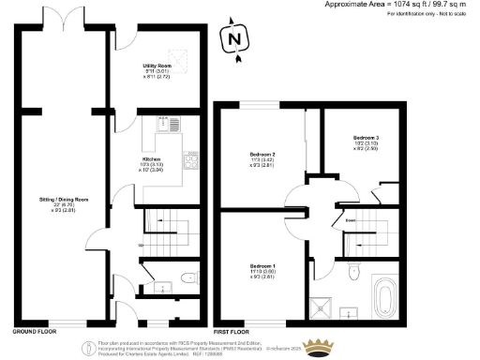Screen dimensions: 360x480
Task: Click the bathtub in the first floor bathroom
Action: (384, 298)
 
